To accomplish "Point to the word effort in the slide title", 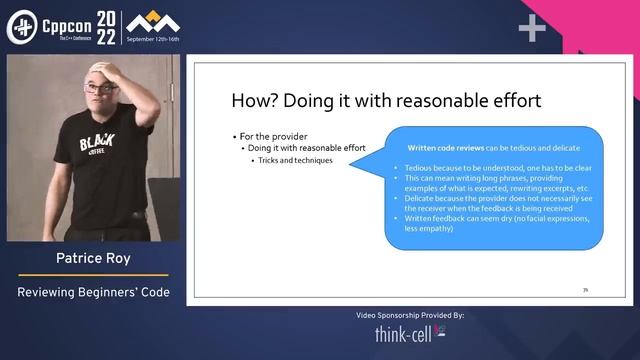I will tap(511, 100).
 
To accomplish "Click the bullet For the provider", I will tap(274, 135).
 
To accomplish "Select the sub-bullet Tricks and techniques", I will tap(296, 160).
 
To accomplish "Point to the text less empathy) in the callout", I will tap(425, 229).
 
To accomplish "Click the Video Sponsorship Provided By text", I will tap(410, 315).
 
